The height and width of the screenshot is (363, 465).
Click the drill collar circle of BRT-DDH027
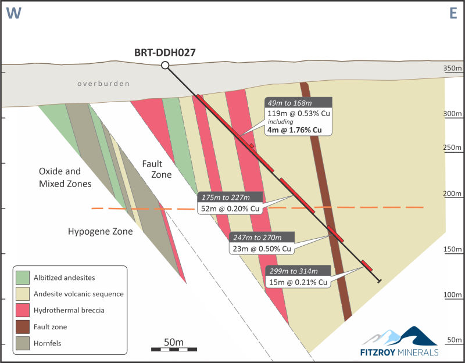pyautogui.click(x=165, y=65)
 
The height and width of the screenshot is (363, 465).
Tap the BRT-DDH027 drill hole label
pyautogui.click(x=165, y=52)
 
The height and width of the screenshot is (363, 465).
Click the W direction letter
pyautogui.click(x=13, y=13)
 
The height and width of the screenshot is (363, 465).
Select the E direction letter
pyautogui.click(x=453, y=13)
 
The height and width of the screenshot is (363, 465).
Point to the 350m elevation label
pyautogui.click(x=453, y=68)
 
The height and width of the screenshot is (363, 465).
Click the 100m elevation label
pyautogui.click(x=453, y=295)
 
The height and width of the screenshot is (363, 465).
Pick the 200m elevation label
pyautogui.click(x=453, y=194)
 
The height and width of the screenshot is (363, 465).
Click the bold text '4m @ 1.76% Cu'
pyautogui.click(x=295, y=130)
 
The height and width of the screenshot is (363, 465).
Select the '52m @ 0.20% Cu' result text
pyautogui.click(x=230, y=209)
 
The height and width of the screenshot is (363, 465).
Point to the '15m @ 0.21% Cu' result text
pyautogui.click(x=298, y=282)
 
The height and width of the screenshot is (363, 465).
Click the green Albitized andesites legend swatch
pyautogui.click(x=23, y=278)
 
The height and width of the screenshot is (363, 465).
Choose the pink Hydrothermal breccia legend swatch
pyautogui.click(x=23, y=310)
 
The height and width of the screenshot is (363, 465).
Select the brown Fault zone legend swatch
pyautogui.click(x=23, y=327)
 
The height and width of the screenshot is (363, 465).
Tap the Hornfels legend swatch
pyautogui.click(x=23, y=343)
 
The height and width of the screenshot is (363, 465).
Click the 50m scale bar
pyautogui.click(x=174, y=350)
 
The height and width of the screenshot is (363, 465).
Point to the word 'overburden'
pyautogui.click(x=103, y=84)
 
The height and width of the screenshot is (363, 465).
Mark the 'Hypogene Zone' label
pyautogui.click(x=100, y=231)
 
